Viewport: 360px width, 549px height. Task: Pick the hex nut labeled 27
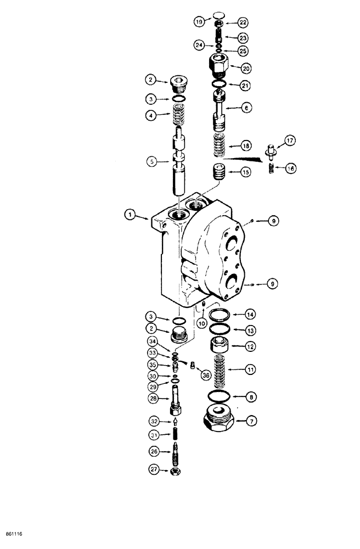click(177, 470)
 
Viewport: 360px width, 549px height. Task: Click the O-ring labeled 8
click(219, 396)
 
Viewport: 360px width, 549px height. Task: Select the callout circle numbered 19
click(199, 22)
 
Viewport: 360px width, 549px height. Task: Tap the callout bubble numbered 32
click(155, 421)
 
